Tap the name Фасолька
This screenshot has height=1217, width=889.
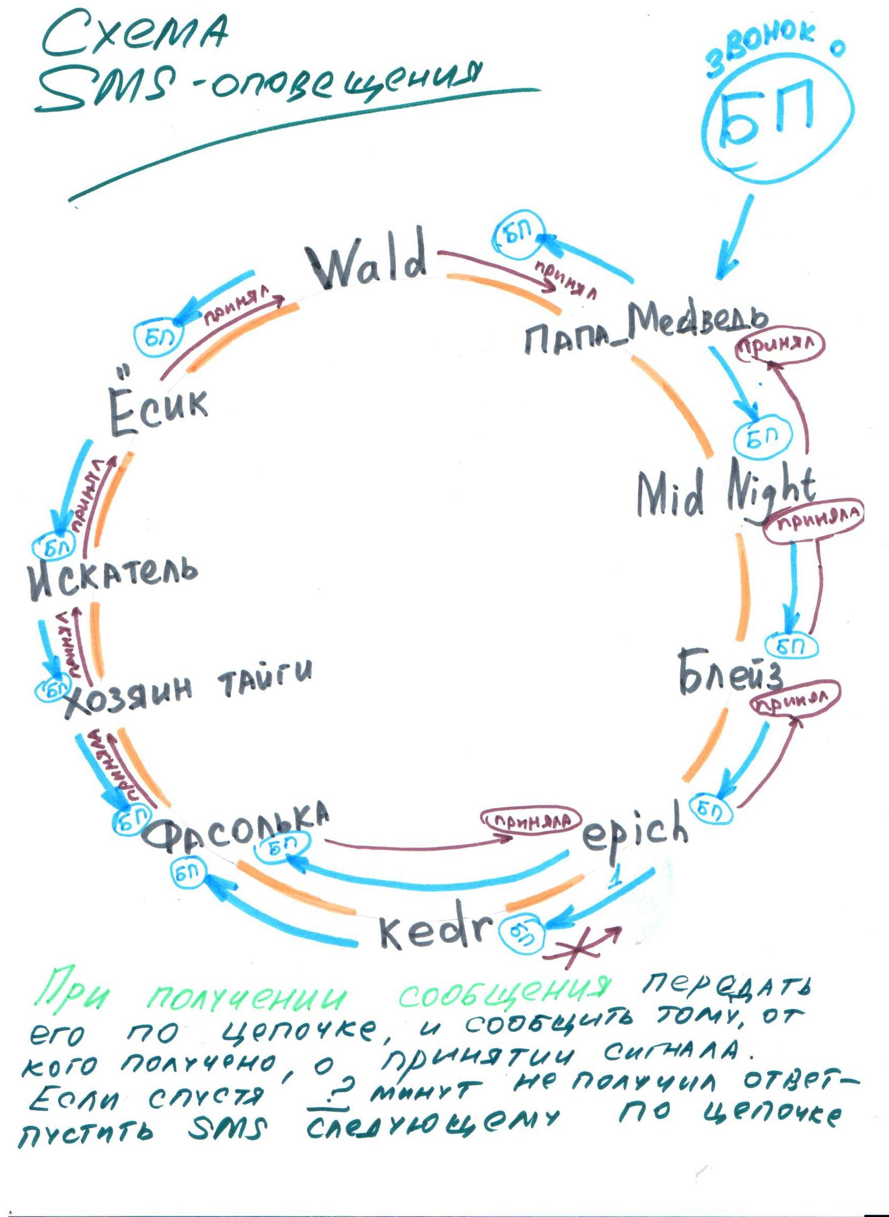(237, 831)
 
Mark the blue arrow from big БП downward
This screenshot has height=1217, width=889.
(735, 237)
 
